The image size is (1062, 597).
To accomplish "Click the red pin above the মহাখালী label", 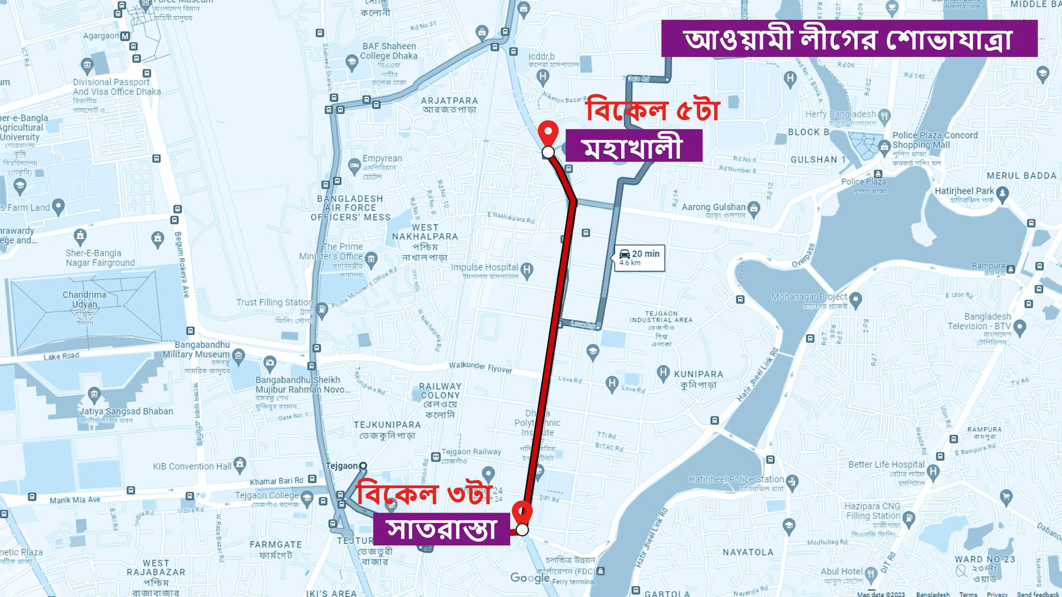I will click(548, 132).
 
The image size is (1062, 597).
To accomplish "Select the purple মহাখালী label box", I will click(633, 146).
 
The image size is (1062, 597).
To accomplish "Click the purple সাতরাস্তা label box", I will click(441, 529).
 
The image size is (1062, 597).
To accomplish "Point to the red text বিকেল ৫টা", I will click(652, 110).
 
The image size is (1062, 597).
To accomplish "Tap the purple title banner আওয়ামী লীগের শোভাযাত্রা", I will click(849, 38).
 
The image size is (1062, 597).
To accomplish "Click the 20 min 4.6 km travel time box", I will click(639, 258).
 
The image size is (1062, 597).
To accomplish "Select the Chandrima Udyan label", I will click(85, 300).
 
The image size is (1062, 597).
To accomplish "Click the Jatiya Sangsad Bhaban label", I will click(126, 411).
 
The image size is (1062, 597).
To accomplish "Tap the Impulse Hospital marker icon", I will click(527, 269).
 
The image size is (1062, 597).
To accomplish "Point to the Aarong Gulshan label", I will click(714, 207).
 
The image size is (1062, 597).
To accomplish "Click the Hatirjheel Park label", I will click(964, 191).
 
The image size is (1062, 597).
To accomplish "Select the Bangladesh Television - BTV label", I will click(979, 321).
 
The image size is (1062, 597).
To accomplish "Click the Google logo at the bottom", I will click(529, 578).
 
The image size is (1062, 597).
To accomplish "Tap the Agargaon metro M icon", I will click(125, 36).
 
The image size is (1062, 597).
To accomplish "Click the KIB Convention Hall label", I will click(192, 466).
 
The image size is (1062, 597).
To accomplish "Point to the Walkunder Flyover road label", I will click(480, 367).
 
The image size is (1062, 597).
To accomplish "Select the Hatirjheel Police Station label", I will click(736, 479).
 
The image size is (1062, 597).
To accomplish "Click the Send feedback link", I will click(1038, 594).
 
